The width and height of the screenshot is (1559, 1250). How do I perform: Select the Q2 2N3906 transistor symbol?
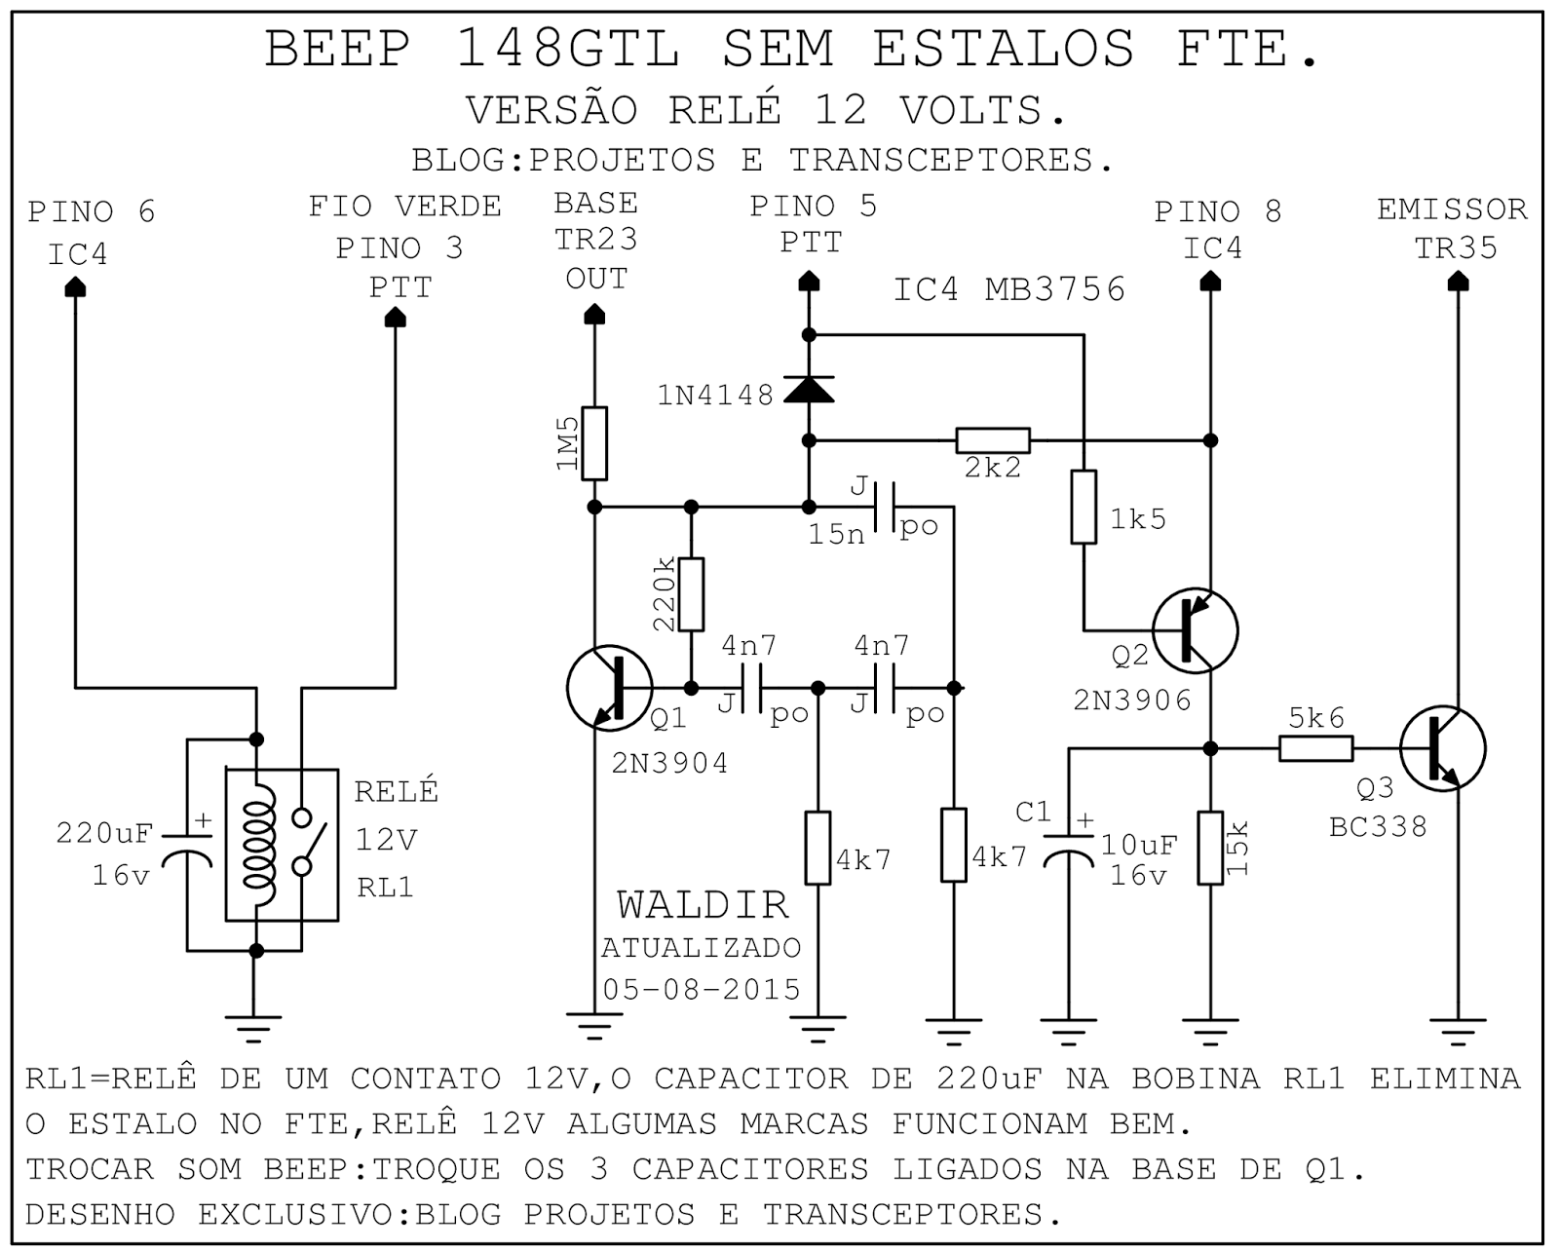click(x=1195, y=630)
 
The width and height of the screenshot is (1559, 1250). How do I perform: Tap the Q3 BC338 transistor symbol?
click(x=1442, y=748)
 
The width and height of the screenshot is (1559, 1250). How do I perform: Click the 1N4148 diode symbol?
click(x=809, y=391)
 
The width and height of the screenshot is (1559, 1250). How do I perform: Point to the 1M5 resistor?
click(x=594, y=443)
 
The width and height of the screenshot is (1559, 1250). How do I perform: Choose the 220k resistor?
click(x=691, y=594)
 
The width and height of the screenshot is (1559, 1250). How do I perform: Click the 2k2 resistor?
click(x=992, y=440)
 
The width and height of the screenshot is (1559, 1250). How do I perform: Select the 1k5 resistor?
click(x=1084, y=507)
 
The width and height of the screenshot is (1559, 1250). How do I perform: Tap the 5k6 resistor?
click(x=1315, y=748)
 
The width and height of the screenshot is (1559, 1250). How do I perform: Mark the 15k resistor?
click(x=1210, y=848)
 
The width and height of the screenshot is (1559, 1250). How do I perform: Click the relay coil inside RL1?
click(x=258, y=843)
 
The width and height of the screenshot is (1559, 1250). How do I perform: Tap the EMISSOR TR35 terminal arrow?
click(x=1458, y=282)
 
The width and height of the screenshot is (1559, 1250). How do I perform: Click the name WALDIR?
click(x=702, y=905)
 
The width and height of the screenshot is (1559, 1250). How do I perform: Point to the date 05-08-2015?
click(x=702, y=989)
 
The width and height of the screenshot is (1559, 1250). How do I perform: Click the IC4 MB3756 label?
click(x=1009, y=289)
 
